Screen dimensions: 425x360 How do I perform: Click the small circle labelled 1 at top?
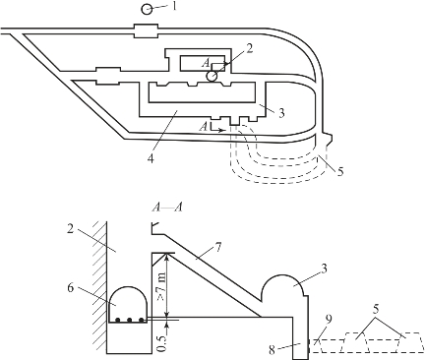147,10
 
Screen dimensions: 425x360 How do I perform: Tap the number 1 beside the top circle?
174,7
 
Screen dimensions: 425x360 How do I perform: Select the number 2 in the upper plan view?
250,49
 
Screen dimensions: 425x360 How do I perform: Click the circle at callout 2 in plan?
212,77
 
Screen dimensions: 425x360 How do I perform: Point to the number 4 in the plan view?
151,159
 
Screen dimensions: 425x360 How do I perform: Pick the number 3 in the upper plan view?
281,113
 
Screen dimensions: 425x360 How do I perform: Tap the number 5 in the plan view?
340,171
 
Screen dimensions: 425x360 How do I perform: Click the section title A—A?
167,208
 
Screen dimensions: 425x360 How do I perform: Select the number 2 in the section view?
70,229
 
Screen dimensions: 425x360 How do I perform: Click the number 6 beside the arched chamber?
71,288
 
